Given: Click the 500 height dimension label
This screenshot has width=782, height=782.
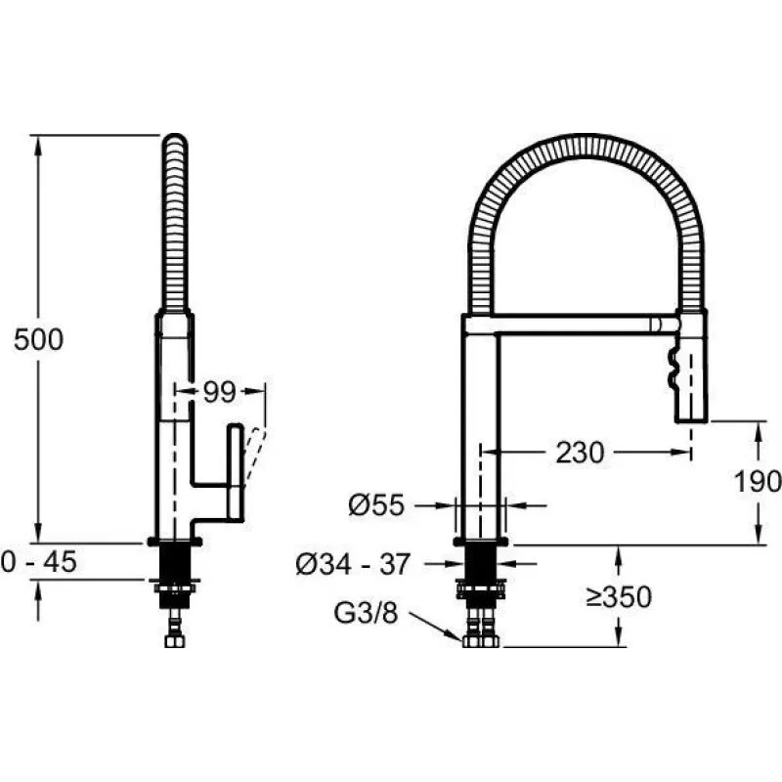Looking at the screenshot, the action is (x=38, y=339).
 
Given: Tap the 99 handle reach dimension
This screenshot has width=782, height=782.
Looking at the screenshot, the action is (x=219, y=392).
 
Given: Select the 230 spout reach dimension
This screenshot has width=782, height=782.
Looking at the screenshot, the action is (x=580, y=453).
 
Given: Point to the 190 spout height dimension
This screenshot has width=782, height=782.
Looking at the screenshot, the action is (x=757, y=481).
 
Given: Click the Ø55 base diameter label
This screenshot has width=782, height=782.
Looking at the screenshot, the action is (x=376, y=505).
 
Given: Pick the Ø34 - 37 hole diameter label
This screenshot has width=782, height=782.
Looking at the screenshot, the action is (x=353, y=564).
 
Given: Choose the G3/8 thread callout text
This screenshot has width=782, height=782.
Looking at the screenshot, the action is (x=366, y=613).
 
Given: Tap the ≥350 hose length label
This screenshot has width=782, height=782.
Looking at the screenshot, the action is (x=619, y=596).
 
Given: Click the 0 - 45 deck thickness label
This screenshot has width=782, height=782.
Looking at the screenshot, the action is (x=39, y=561).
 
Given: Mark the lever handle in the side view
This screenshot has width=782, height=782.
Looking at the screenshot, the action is (x=236, y=472).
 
